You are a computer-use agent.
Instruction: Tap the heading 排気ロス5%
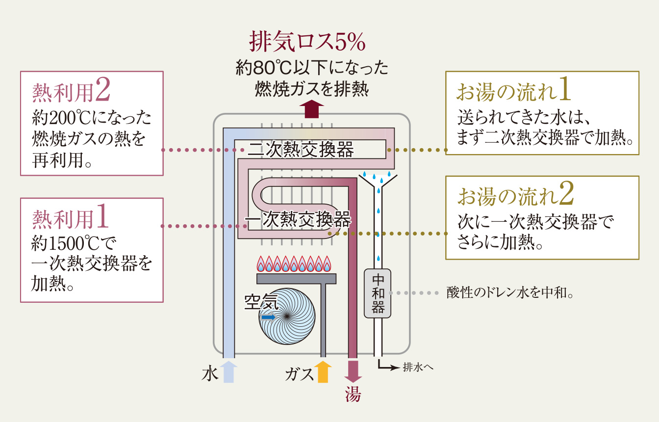pyautogui.click(x=307, y=42)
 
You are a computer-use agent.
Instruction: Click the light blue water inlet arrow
pyautogui.click(x=228, y=372)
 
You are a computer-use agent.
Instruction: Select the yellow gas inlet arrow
pyautogui.click(x=323, y=372)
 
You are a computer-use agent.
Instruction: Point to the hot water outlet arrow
pyautogui.click(x=353, y=372)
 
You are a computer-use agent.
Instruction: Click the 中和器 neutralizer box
pyautogui.click(x=378, y=293)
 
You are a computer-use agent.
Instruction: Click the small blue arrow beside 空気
pyautogui.click(x=268, y=317)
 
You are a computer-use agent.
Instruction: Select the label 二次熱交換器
pyautogui.click(x=301, y=150)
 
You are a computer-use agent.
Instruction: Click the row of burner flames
pyautogui.click(x=296, y=264)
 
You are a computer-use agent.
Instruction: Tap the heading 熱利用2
pyautogui.click(x=71, y=91)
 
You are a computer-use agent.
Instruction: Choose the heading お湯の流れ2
pyautogui.click(x=515, y=195)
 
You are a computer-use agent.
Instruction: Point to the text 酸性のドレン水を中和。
pyautogui.click(x=510, y=293)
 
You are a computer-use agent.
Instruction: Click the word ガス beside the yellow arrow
pyautogui.click(x=299, y=374)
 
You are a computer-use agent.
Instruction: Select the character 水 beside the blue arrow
pyautogui.click(x=209, y=374)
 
